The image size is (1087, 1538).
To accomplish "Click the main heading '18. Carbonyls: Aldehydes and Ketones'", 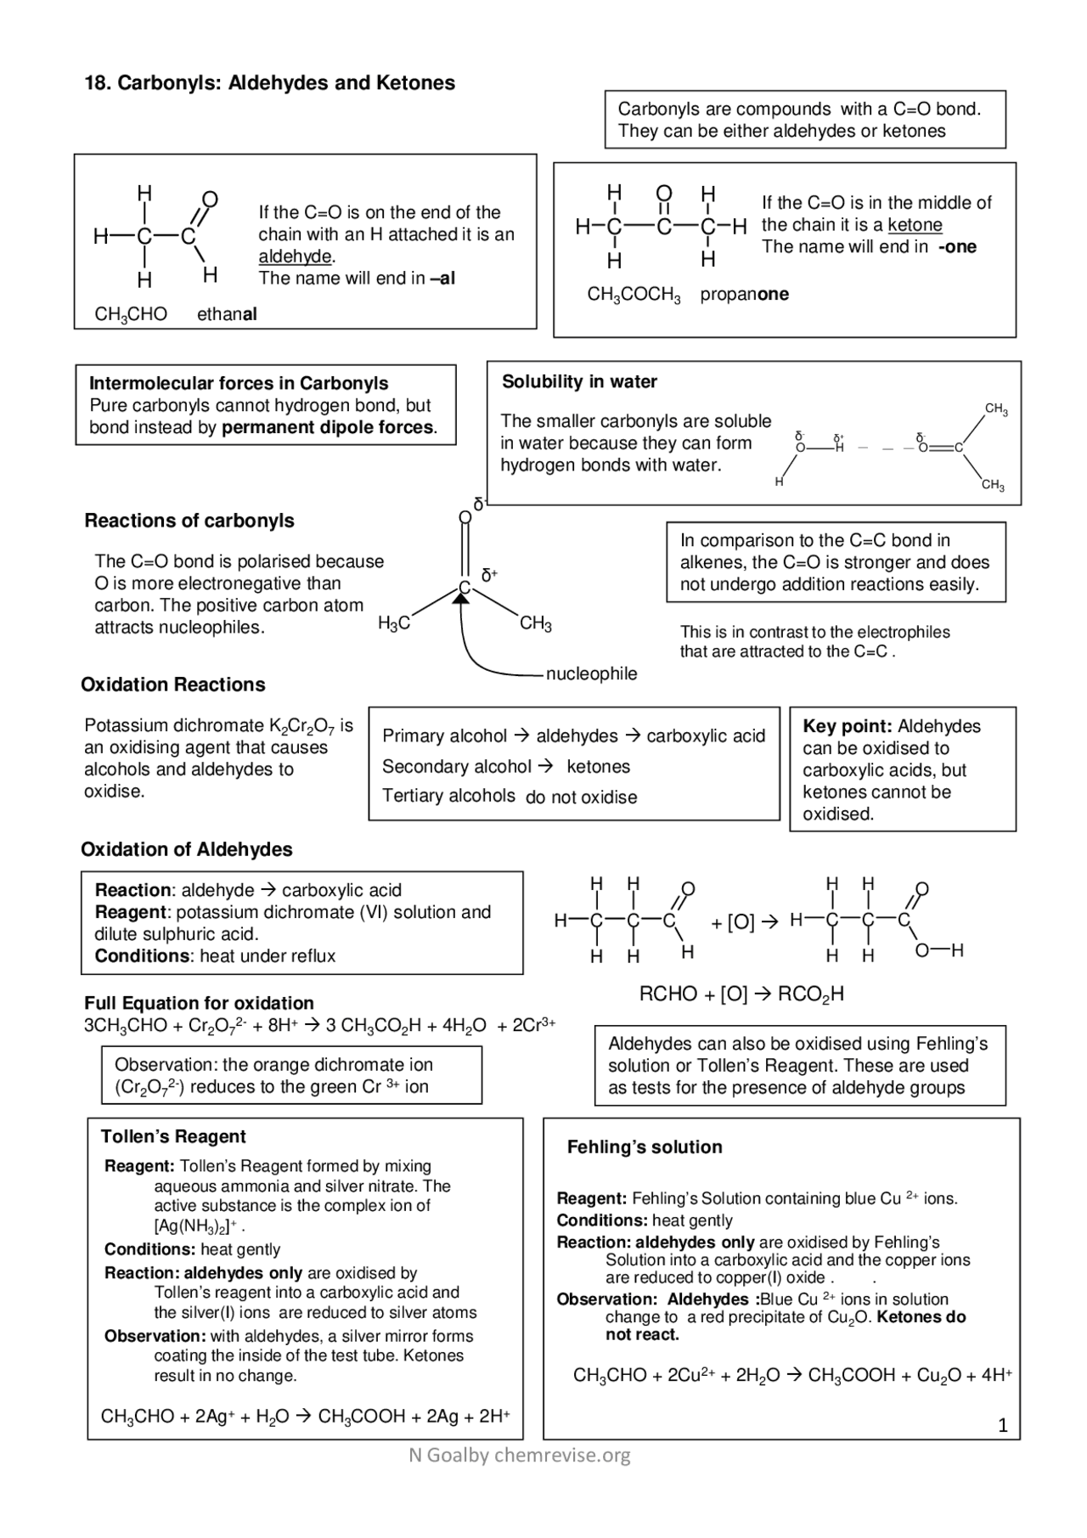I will click(x=269, y=83).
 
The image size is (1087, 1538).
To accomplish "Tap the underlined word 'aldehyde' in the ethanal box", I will click(x=295, y=256).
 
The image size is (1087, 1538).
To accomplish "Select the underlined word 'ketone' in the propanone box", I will click(x=915, y=225).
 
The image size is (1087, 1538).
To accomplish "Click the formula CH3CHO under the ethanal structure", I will click(x=131, y=315).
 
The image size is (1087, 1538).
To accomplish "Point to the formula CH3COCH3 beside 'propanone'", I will click(x=634, y=296).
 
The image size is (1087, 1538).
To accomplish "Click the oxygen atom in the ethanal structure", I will click(x=210, y=200).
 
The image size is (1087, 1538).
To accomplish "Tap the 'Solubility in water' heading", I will click(x=579, y=382).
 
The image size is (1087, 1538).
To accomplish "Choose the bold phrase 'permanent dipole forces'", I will click(x=329, y=428).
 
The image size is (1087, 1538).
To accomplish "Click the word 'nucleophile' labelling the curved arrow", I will click(x=591, y=674).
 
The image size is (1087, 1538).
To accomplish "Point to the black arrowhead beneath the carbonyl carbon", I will click(x=461, y=599).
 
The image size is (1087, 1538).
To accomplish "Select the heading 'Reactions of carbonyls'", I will click(x=189, y=521).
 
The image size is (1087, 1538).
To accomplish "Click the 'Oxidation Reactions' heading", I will click(x=173, y=685).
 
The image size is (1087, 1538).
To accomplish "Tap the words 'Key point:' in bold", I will click(x=847, y=727).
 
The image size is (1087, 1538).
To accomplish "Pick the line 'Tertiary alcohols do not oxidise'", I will click(x=510, y=797).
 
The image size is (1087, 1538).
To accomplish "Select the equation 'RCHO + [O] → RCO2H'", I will click(x=741, y=994).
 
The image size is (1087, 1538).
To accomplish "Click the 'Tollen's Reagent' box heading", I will click(x=173, y=1137).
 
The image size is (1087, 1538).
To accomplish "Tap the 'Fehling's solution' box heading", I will click(x=645, y=1147).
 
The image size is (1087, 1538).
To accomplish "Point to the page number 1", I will click(x=1003, y=1426).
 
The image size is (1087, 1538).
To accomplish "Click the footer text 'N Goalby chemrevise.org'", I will click(x=519, y=1456).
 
